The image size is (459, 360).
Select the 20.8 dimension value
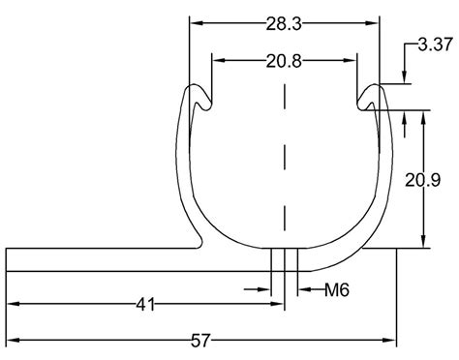(x=283, y=61)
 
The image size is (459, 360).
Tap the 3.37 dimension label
(x=434, y=45)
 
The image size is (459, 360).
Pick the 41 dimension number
(x=145, y=305)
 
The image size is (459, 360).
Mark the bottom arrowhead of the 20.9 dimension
(x=424, y=243)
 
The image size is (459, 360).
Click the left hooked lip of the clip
(x=197, y=98)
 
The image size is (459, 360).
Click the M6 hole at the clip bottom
(x=286, y=259)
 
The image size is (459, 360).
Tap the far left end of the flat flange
(x=10, y=259)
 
